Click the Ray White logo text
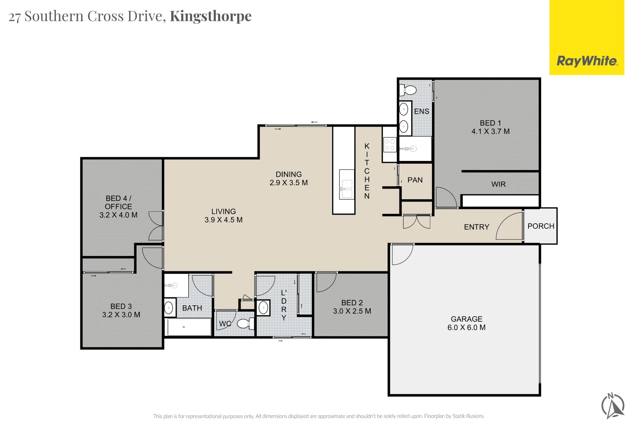tap(587, 61)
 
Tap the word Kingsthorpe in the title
tap(211, 16)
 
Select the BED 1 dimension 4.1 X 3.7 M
tap(490, 131)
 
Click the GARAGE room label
tap(466, 319)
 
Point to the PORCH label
tap(541, 226)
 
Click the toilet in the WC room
tap(245, 323)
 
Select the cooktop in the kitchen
tap(390, 144)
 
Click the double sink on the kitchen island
tap(347, 189)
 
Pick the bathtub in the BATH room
tap(189, 327)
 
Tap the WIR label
tap(498, 184)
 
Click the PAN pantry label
tap(415, 180)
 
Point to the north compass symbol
tap(613, 405)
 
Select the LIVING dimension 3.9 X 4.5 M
tap(223, 220)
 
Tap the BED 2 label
tap(352, 303)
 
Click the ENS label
tap(421, 111)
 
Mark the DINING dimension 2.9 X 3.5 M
tap(289, 183)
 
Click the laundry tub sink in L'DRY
tap(263, 308)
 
